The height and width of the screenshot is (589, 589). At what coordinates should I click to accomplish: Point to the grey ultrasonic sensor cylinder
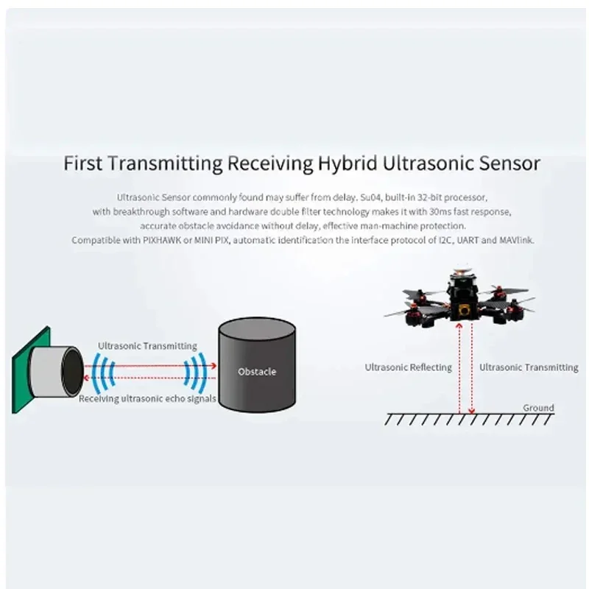click(60, 371)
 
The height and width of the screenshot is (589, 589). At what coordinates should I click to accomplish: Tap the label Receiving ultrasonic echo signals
click(147, 399)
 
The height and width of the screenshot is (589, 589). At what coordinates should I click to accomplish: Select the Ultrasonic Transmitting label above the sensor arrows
click(147, 345)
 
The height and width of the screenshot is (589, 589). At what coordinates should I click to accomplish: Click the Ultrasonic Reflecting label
click(408, 367)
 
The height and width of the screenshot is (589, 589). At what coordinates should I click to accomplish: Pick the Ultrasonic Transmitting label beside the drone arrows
click(529, 367)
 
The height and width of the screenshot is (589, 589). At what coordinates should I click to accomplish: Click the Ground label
click(538, 407)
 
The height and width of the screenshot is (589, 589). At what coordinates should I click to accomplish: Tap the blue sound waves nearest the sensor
click(99, 372)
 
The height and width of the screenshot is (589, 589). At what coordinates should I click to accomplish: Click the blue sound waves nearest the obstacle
click(195, 372)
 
